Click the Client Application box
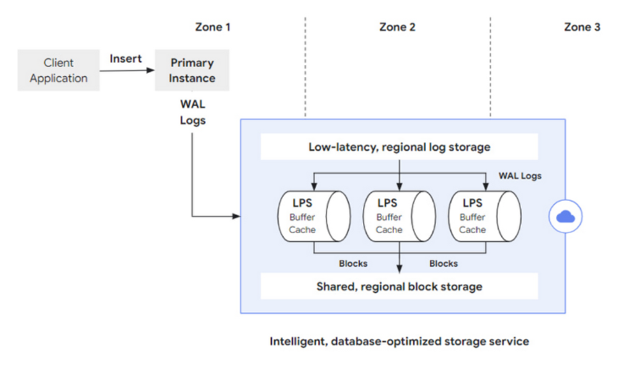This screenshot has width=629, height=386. pos(58,70)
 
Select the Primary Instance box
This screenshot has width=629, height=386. pos(192,70)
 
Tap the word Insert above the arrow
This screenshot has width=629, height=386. pos(125,58)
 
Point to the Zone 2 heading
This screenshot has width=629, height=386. pos(397,27)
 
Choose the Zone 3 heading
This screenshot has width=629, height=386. pos(582,27)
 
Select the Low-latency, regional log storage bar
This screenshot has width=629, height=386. pos(399,147)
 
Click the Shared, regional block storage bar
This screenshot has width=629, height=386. pos(399,286)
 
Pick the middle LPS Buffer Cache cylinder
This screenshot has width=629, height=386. pos(399,216)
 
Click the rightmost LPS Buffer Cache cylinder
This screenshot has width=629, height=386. pos(483,216)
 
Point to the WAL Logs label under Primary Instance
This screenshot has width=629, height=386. pos(192,112)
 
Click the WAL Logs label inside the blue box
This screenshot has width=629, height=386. pos(521,176)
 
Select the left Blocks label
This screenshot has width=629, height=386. pos(353,263)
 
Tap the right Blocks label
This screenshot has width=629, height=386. pos(444,263)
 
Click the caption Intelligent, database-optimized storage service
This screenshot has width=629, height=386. pos(399,341)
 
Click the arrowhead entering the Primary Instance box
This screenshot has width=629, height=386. pos(152,71)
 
